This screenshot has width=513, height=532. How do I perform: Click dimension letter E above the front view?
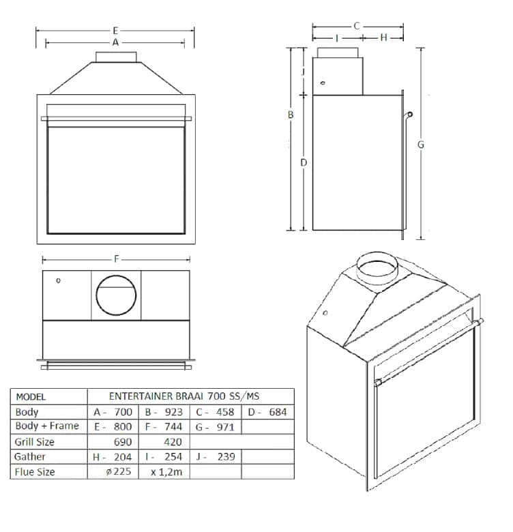(115, 31)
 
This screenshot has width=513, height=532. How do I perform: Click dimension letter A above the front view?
(116, 42)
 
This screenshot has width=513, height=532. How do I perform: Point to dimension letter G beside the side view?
(421, 145)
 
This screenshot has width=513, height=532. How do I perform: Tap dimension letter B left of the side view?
(291, 115)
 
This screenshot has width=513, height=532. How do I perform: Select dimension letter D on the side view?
(304, 162)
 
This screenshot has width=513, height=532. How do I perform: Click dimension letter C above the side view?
(357, 26)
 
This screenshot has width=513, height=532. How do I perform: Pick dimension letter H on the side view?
(384, 38)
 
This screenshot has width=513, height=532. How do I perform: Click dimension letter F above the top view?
(117, 259)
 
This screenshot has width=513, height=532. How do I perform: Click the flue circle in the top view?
(116, 276)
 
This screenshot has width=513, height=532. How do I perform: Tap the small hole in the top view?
(59, 280)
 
